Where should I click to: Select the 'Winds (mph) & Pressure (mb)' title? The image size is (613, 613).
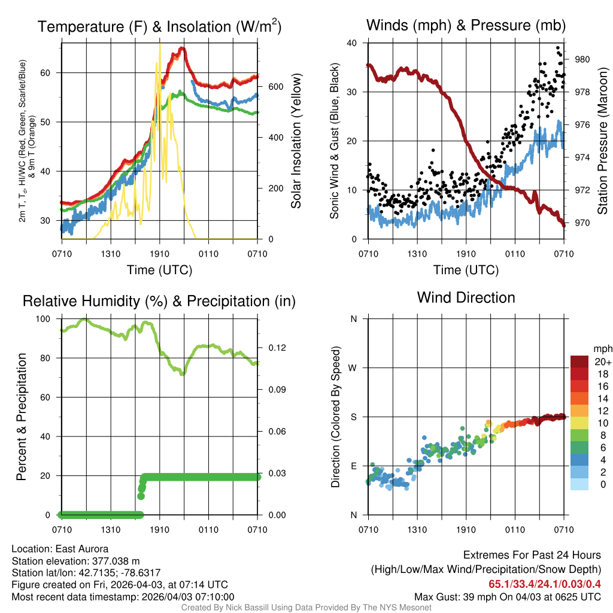tap(466, 25)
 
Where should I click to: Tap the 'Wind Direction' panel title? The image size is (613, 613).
tap(466, 298)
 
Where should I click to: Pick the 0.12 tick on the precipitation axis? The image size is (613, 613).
tap(274, 348)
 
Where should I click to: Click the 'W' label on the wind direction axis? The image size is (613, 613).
tap(354, 368)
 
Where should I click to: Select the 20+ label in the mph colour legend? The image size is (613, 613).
tap(602, 362)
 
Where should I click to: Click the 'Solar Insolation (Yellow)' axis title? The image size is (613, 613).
tap(295, 141)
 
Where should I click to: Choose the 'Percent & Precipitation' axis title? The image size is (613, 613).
tap(22, 417)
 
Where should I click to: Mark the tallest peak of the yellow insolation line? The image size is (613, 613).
tap(159, 44)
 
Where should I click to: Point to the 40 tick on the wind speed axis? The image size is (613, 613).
tap(353, 43)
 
